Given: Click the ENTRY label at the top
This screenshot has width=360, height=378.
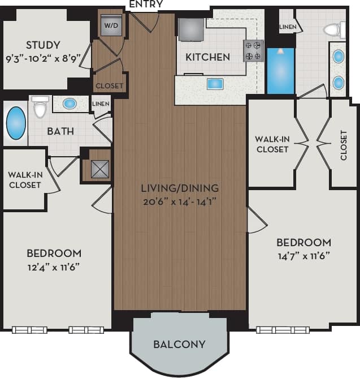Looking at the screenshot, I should pos(146,5).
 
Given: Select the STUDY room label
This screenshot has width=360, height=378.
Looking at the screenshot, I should pos(43,45).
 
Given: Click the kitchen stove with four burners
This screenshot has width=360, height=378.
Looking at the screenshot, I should pos(253,50).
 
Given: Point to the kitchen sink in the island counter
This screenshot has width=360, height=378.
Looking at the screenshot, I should pos(215,84).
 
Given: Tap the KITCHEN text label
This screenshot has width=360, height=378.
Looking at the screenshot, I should pos(208,57).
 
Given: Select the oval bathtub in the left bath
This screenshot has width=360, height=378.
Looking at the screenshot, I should pos(15,124).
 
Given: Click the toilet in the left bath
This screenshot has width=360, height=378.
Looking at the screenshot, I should pos(40,107).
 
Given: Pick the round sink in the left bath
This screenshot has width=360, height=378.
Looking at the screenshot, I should pos(70,104).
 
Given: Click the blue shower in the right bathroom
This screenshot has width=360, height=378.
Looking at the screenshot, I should pos(280,71).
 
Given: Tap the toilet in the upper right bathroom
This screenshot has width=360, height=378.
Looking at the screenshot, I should pos(336,29).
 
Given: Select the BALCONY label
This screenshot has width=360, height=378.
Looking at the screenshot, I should pos(180,344).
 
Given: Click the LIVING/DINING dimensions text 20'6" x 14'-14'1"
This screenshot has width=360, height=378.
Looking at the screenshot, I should pos(180,200).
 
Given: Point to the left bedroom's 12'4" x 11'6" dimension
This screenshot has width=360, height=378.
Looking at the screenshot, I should pos(54,266).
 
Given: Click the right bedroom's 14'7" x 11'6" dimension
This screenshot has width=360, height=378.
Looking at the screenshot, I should pos(303,255).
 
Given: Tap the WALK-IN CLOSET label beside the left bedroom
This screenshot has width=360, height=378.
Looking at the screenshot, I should pos(24,179).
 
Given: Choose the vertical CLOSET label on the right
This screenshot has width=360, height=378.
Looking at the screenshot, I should pos(344,145).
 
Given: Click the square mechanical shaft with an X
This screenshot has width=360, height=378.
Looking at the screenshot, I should pos(100,169).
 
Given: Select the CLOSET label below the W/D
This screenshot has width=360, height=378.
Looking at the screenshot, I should pos(109,86).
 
